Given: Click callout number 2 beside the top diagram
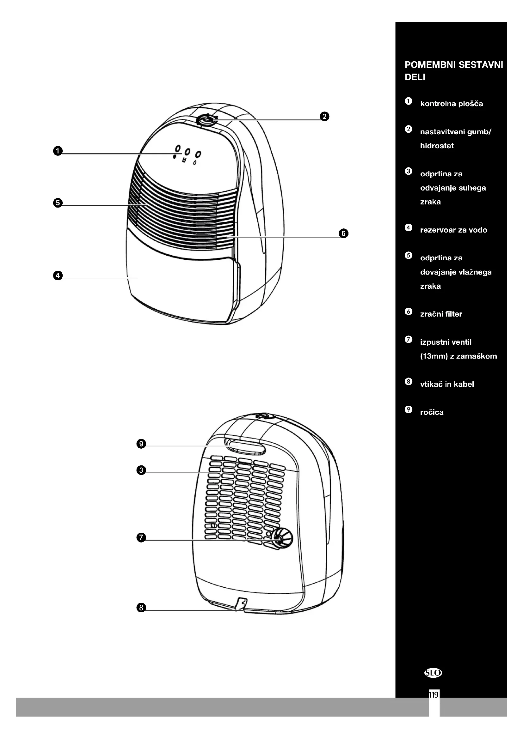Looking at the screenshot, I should [x=324, y=116].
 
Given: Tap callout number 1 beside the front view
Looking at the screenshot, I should [x=58, y=151].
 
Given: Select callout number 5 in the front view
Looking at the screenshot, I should [x=58, y=203].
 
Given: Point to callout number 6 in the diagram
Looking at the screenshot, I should [x=343, y=233].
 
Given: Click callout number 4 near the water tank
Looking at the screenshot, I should [x=58, y=276].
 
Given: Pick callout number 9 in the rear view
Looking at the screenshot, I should [x=141, y=444].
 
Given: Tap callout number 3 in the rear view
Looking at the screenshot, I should [x=141, y=470].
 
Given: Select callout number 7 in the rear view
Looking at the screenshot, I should [x=141, y=537].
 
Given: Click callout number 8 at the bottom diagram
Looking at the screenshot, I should [x=141, y=608].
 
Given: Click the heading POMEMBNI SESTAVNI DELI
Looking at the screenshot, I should [x=453, y=71].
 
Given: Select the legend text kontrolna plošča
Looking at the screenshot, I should [x=452, y=104].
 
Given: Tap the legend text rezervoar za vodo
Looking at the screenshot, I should [x=453, y=230].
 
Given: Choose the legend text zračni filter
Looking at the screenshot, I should [x=441, y=314].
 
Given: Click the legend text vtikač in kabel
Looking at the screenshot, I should [x=447, y=384].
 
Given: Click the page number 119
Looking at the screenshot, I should [x=434, y=695].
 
